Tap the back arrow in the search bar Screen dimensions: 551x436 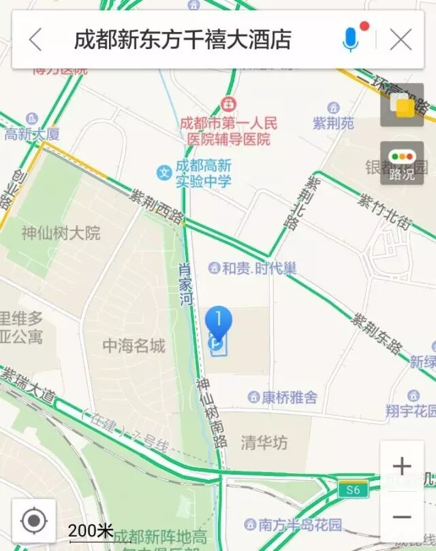35,40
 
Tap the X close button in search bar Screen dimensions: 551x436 401,40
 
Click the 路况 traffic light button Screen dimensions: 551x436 402,164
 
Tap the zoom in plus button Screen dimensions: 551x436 402,466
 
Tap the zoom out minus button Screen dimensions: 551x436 402,517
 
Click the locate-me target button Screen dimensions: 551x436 33,522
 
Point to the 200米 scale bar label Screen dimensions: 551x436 91,530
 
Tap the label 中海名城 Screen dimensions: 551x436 134,346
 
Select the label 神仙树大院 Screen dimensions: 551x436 61,234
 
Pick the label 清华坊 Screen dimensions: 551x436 264,443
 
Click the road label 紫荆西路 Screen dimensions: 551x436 157,207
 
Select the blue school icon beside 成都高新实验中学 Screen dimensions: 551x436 163,173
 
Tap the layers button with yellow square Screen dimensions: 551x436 402,106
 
